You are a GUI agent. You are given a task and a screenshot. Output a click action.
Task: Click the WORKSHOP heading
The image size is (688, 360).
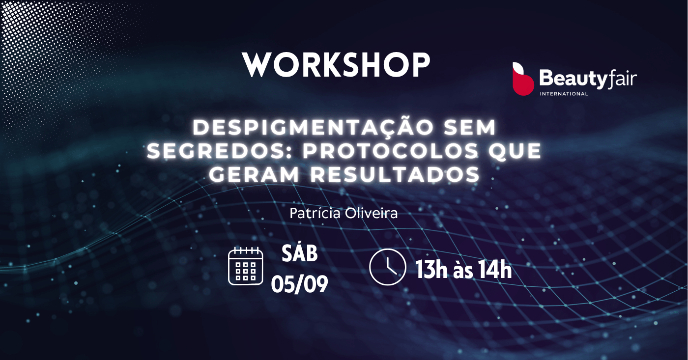336,65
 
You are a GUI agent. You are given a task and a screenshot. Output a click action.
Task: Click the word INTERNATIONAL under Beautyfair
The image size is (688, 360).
564,94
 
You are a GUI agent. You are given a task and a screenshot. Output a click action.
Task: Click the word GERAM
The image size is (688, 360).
255,174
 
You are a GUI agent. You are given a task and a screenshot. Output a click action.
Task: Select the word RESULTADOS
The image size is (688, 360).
395,174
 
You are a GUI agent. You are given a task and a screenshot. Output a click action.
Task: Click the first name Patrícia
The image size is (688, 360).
315,213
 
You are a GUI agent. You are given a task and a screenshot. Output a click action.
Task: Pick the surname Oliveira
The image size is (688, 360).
371,213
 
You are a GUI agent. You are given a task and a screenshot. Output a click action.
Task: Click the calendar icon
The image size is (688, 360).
245,266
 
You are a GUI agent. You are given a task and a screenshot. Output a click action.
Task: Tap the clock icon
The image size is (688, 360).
387,267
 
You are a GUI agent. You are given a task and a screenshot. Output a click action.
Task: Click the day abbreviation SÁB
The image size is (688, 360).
300,254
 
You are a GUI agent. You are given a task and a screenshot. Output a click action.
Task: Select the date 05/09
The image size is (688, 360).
299,284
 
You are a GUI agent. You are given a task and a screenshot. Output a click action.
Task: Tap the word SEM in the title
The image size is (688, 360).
470,127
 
